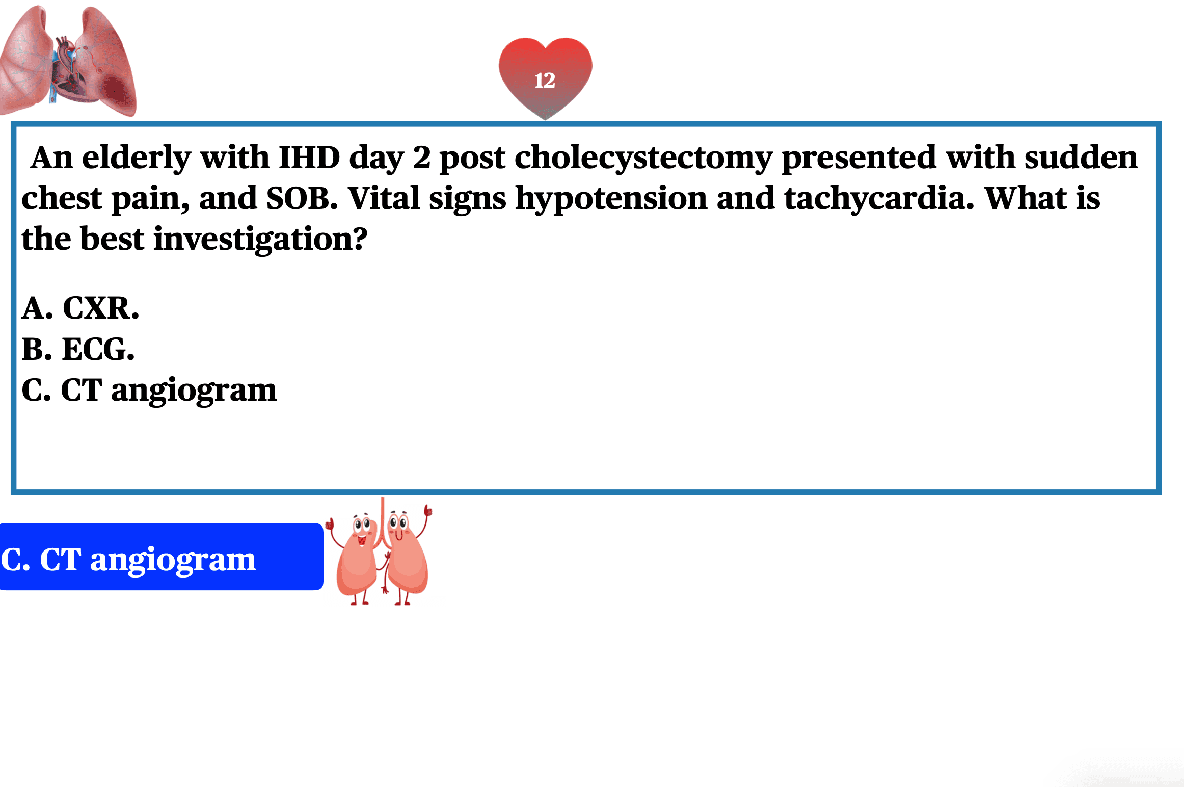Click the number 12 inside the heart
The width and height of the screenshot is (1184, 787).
[x=545, y=81]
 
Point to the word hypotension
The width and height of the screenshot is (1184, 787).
[x=611, y=199]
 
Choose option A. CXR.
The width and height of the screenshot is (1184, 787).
[x=80, y=308]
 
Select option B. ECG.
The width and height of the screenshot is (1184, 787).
[x=78, y=349]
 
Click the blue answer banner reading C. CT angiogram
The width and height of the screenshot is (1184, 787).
[x=162, y=557]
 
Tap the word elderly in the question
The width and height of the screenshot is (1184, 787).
[x=137, y=158]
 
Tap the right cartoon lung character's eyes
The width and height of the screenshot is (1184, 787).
[x=398, y=522]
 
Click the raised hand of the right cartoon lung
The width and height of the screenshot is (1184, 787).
[x=427, y=510]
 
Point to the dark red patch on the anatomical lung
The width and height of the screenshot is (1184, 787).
[x=116, y=92]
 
